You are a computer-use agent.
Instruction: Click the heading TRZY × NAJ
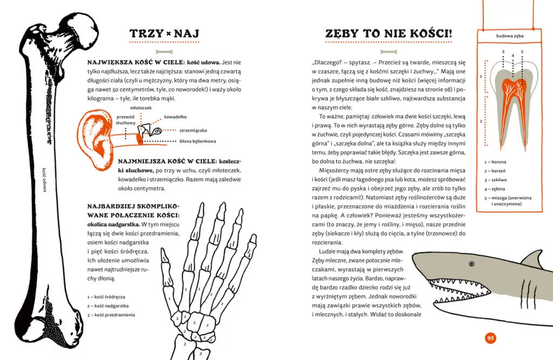pos(165,34)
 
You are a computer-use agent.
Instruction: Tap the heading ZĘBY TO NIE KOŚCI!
pos(388,34)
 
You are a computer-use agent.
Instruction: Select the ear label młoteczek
pos(141,108)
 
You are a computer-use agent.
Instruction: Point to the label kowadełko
pos(175,116)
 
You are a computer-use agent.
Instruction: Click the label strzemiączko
pos(193,130)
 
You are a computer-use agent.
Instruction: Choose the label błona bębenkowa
pos(198,141)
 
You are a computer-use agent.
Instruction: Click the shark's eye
pos(471,264)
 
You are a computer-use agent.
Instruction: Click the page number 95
pos(490,338)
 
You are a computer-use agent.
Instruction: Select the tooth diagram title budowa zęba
pos(510,36)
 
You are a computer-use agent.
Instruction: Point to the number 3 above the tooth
pos(503,52)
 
